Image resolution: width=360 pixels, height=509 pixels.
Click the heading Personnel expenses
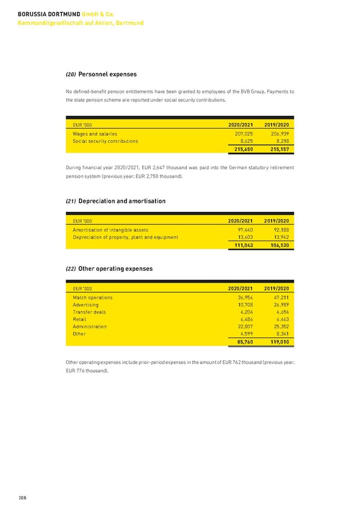pos(107,74)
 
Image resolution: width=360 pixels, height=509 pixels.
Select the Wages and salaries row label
pos(95,133)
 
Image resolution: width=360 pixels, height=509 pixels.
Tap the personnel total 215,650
pos(242,149)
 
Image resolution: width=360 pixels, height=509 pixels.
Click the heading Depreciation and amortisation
pos(122,201)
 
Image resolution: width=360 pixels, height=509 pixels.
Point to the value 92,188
pos(278,229)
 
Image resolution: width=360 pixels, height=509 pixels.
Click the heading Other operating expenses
pos(115,268)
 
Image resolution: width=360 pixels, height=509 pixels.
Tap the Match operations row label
pos(92,297)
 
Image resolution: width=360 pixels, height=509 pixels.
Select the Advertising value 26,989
pos(278,305)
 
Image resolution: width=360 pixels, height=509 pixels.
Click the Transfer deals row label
pos(89,312)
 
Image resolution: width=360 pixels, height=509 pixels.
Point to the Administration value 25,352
pos(278,327)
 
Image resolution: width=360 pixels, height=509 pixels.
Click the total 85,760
pos(244,342)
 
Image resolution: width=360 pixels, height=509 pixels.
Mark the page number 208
pos(22,498)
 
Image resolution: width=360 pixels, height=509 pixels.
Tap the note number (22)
pos(70,269)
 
